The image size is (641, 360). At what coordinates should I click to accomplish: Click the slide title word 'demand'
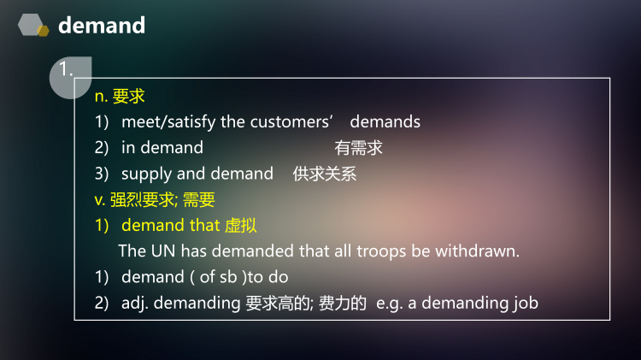102,26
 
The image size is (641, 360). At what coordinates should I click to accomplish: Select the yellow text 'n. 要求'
120,97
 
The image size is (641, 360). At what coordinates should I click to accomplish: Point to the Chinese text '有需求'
358,148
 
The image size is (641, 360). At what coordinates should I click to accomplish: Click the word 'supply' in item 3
147,174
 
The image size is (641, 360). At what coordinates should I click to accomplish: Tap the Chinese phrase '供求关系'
324,174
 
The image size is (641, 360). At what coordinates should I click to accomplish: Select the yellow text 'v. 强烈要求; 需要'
155,200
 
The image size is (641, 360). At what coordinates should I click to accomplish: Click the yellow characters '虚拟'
240,226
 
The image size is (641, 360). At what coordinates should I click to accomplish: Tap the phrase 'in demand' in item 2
162,148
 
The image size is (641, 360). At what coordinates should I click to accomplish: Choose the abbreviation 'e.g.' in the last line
391,303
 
